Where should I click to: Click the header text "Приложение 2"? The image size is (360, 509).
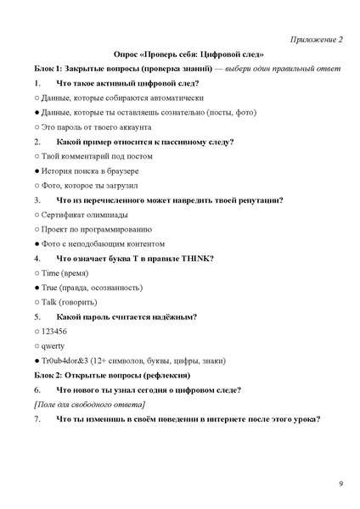click(316, 39)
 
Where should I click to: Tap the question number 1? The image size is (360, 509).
click(37, 83)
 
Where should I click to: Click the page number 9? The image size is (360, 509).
click(340, 484)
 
